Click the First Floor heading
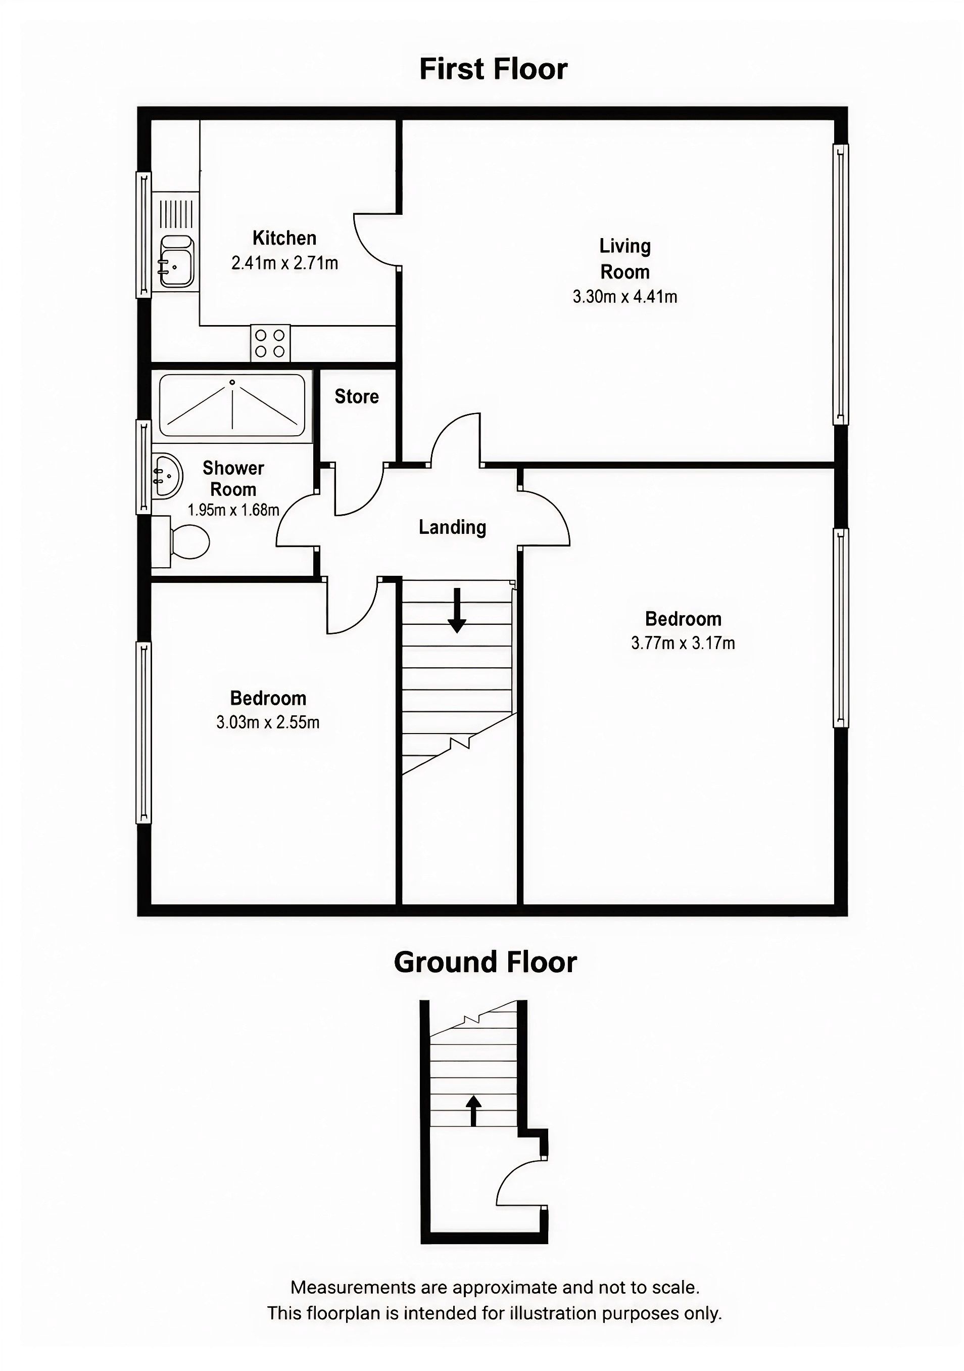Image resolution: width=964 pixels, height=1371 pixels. [493, 69]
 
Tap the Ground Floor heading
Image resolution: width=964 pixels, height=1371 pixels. [485, 962]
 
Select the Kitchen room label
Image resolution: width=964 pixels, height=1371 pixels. [284, 238]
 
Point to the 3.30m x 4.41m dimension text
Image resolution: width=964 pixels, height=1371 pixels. [625, 297]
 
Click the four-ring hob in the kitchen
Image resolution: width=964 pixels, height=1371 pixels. [270, 343]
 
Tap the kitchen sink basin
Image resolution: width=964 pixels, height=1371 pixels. [177, 261]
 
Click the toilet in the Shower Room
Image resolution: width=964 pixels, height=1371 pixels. [181, 541]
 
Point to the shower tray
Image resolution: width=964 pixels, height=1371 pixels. [232, 405]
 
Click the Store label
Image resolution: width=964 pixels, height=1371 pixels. [356, 396]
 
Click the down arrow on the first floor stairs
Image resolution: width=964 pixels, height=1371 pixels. [457, 610]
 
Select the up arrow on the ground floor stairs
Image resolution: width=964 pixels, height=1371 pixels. [473, 1111]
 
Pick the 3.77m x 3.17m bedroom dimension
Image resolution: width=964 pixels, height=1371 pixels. [683, 643]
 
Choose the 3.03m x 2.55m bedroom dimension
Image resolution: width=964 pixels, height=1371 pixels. [267, 722]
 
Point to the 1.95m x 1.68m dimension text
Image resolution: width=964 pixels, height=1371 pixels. [233, 510]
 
